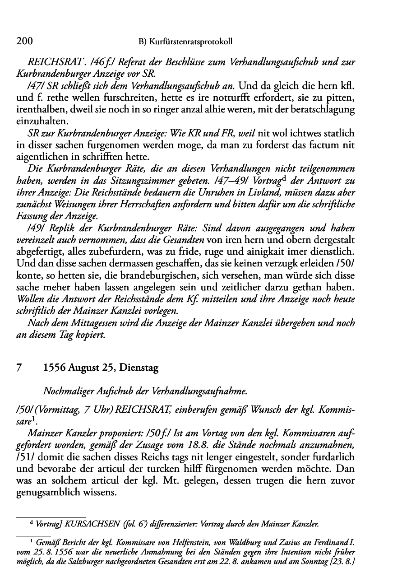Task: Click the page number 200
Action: [24, 42]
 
